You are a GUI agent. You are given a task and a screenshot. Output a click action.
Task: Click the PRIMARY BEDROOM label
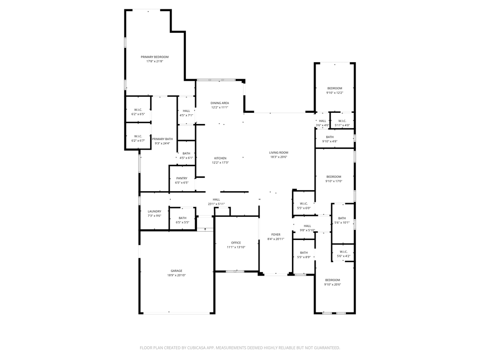click(155, 57)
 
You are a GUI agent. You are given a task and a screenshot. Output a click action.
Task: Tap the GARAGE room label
click(176, 271)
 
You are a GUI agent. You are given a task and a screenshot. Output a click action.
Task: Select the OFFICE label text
click(236, 243)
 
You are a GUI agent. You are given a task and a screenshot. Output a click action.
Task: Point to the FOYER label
click(276, 235)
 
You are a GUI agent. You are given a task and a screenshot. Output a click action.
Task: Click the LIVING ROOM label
click(279, 152)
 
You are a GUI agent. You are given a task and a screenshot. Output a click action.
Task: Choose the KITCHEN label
click(220, 158)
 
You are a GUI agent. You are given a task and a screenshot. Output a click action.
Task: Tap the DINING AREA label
click(220, 103)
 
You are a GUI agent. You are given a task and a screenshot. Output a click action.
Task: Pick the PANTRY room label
click(182, 178)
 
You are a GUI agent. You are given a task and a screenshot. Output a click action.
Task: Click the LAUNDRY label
click(154, 211)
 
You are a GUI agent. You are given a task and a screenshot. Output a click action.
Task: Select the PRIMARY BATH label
click(162, 139)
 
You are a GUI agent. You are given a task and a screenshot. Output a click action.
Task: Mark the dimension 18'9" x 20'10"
click(176, 276)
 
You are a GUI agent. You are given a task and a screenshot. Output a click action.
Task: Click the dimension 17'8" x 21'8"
click(155, 61)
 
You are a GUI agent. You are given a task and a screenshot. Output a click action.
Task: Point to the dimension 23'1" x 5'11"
click(216, 204)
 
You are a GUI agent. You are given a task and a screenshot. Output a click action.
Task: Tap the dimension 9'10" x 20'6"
click(332, 284)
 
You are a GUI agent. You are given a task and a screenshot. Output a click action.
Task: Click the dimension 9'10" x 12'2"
click(335, 93)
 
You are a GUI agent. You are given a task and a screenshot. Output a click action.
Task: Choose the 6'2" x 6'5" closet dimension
click(138, 114)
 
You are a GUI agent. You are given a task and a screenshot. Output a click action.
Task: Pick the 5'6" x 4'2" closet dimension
click(344, 256)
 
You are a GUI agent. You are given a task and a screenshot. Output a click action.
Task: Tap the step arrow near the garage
click(205, 229)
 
